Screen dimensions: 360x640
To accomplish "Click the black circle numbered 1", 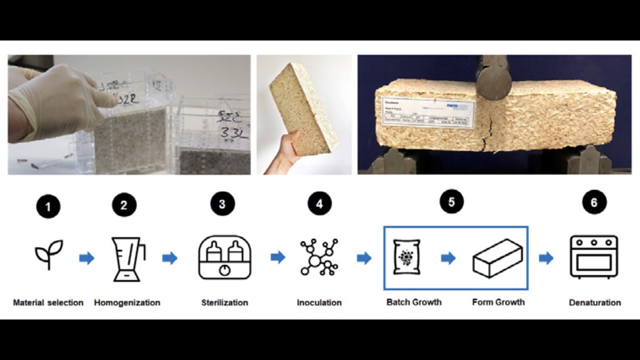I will (48, 206).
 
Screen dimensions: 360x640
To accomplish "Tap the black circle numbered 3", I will (222, 204).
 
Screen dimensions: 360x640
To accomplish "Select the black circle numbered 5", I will (451, 201).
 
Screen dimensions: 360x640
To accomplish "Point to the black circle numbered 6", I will (594, 202).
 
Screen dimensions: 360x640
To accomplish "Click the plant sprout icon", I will (48, 254).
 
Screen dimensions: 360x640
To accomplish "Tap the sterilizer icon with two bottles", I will (224, 257).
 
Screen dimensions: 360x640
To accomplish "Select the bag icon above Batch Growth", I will (406, 257).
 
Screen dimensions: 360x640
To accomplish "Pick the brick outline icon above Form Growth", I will (497, 258).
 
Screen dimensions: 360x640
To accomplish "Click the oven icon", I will (594, 257).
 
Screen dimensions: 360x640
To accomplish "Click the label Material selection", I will (48, 302).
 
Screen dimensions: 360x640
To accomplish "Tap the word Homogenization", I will (127, 302).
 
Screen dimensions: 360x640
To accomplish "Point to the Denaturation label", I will (594, 302).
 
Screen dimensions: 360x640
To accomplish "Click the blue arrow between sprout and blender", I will (86, 258).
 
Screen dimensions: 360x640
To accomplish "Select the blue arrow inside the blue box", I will (448, 258).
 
